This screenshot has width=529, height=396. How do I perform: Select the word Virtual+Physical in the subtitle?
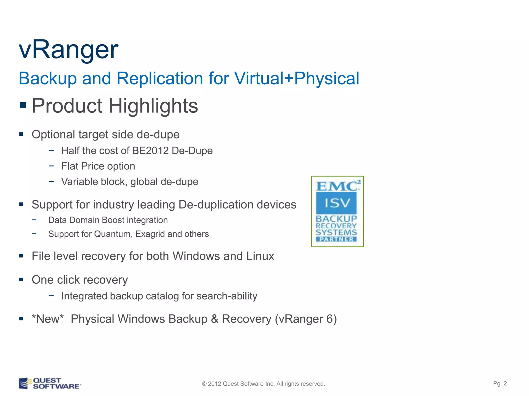tap(297, 78)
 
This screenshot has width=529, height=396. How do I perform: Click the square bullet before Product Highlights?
tap(23, 105)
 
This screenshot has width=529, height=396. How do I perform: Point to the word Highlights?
tap(153, 106)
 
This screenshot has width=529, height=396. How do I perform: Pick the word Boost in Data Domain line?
tap(113, 220)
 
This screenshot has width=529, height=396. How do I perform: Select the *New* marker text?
tap(48, 319)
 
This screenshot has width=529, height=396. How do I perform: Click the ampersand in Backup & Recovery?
tap(215, 319)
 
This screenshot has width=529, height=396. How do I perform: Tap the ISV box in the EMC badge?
tap(336, 203)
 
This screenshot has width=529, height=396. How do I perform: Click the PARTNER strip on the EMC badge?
tap(336, 239)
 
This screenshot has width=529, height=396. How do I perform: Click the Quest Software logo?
tap(50, 383)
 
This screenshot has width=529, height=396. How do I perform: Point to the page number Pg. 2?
tap(500, 383)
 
